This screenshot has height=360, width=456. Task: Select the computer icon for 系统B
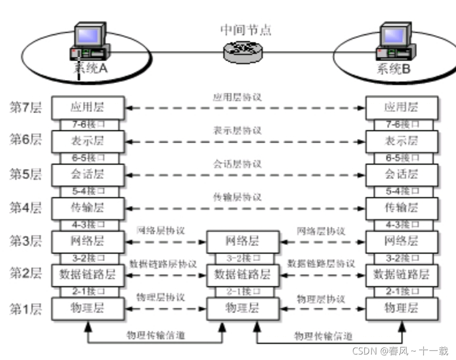coord(396,42)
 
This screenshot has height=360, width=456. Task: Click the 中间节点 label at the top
coord(245,29)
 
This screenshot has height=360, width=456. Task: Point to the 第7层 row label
coord(25,107)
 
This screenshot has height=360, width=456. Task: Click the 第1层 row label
coord(25,308)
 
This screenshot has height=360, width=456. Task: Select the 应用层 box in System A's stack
coord(87,107)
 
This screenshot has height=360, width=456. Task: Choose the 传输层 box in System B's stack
coord(401,207)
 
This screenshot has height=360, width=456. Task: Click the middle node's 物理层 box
coord(242,307)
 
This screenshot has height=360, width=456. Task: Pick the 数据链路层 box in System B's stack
coord(401,274)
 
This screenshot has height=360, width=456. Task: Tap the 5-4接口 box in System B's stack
coord(401,191)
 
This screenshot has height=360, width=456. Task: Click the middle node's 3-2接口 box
coord(242,258)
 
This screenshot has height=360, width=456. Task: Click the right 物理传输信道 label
coord(323,335)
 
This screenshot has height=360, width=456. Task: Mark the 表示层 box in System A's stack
coord(87,141)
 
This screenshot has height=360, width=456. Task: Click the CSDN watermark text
coord(400,351)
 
